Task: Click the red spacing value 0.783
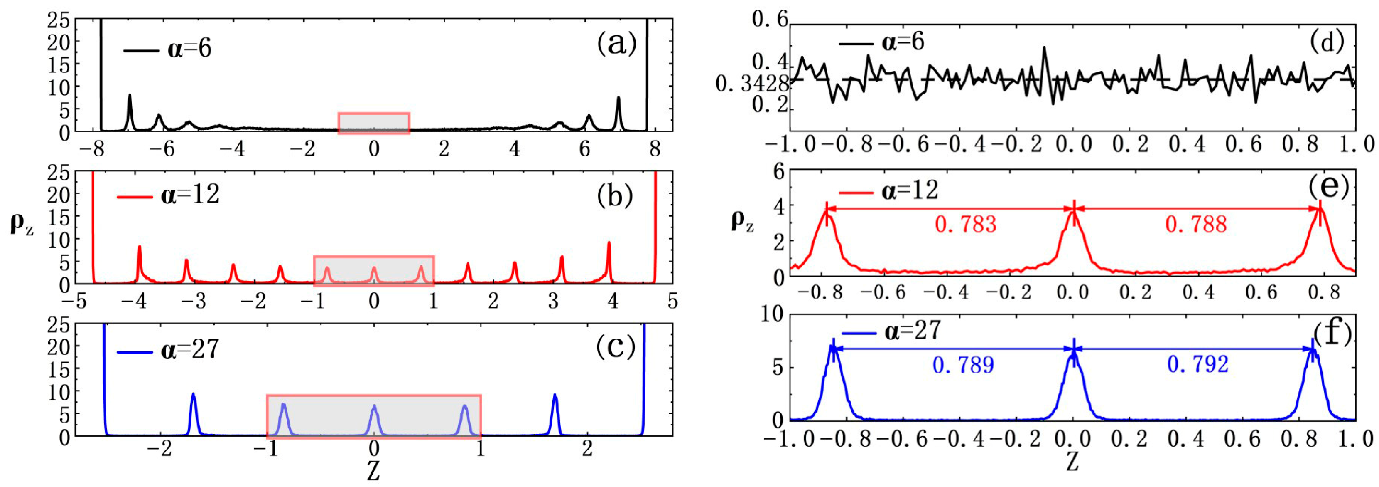965,224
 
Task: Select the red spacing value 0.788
1195,224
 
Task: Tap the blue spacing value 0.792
1197,365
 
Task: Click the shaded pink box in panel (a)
374,123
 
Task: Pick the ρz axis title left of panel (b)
22,223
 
